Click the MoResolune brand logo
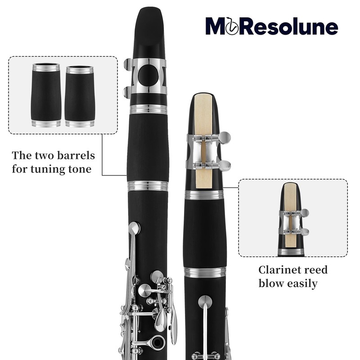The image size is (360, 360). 271,27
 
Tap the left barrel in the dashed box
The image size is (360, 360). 46,95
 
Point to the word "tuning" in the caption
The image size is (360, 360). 49,170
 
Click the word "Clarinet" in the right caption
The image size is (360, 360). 278,270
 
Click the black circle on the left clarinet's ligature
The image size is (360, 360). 148,75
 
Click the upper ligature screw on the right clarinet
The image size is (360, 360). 224,137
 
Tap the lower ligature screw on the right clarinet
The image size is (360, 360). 224,166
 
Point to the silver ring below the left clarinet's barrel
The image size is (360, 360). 148,186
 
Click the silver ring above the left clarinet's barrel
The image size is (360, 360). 148,109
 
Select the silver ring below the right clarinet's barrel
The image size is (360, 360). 205,272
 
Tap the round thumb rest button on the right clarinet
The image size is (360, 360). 205,301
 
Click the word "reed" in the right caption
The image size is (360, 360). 315,270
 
